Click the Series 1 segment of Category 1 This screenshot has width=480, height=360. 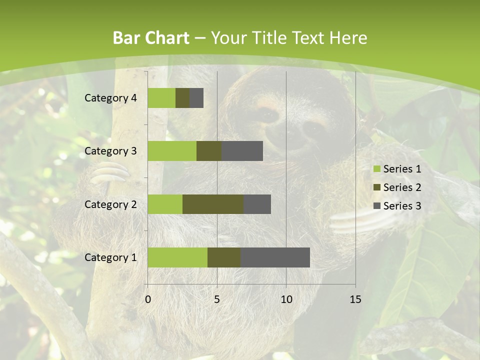pos(177,257)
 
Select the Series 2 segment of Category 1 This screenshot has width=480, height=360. pos(224,257)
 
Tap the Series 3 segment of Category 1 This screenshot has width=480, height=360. pos(275,257)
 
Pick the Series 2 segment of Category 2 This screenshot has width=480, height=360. pos(213,204)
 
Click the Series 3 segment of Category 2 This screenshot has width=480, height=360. pos(257,204)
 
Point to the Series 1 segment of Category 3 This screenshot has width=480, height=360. pos(172,151)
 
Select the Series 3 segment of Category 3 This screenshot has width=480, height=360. pos(242,151)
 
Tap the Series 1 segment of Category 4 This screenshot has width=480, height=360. pos(161,98)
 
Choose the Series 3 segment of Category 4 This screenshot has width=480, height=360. pos(196,98)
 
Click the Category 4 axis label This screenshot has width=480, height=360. pos(110,98)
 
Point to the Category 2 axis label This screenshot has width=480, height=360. pos(110,204)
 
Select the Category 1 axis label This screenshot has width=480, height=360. pos(110,257)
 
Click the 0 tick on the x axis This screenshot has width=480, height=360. pos(148,299)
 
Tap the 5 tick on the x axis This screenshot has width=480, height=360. pos(217,299)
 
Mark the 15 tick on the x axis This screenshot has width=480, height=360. pos(355,299)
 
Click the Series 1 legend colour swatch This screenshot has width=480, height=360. pos(376,169)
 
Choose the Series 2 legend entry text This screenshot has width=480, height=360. pos(402,187)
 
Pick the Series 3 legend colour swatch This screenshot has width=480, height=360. pos(376,206)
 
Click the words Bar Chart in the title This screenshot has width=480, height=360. pos(151,38)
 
